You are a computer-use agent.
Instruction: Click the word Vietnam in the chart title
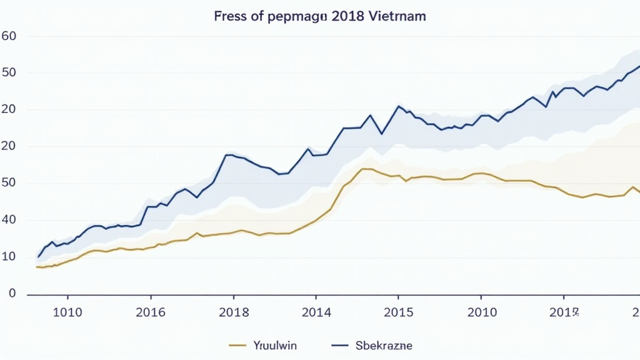click(x=399, y=17)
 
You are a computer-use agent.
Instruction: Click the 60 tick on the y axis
click(x=9, y=36)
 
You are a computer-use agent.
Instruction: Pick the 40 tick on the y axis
click(x=9, y=220)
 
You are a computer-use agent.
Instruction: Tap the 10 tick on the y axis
click(x=9, y=257)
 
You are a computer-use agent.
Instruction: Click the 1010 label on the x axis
click(x=67, y=312)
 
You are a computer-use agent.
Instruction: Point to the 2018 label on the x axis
click(x=233, y=312)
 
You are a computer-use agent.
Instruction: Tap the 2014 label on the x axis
click(x=316, y=312)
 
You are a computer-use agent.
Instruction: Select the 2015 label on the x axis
click(x=399, y=312)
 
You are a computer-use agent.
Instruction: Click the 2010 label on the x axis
click(x=482, y=312)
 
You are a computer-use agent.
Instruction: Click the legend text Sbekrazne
click(x=384, y=345)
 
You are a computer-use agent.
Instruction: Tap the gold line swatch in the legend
click(x=239, y=345)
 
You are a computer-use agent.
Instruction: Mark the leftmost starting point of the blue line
click(x=38, y=257)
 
